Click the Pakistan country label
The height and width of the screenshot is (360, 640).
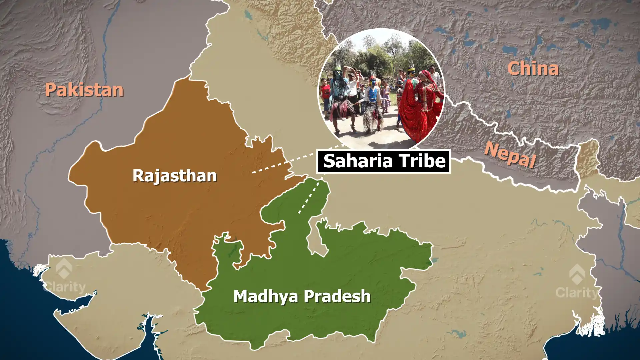pos(84,90)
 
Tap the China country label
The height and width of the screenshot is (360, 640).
pos(533,69)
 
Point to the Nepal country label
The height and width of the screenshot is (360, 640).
pos(510,155)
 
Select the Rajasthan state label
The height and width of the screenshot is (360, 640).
pos(175,176)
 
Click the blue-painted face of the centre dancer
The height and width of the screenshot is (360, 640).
pos(373,82)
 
